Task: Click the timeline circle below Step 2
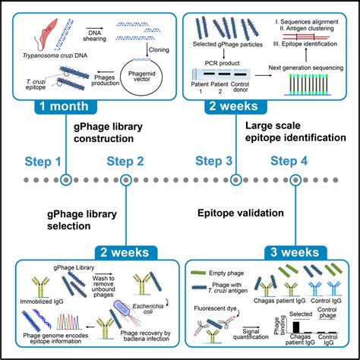125,181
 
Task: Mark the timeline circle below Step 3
235,181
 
